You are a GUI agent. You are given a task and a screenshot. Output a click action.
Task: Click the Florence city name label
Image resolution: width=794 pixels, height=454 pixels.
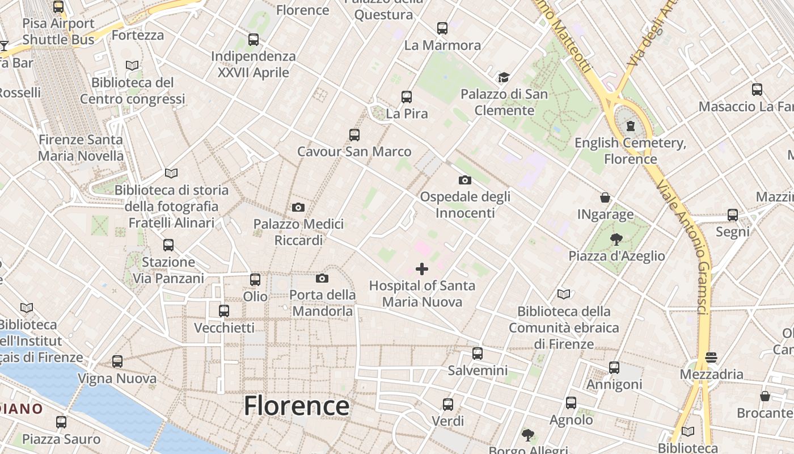pyautogui.click(x=297, y=406)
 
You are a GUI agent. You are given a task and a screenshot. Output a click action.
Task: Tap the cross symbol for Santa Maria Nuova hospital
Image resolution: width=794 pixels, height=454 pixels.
pyautogui.click(x=422, y=269)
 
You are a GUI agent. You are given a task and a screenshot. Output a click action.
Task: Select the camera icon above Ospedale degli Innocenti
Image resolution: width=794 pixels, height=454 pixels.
pyautogui.click(x=464, y=180)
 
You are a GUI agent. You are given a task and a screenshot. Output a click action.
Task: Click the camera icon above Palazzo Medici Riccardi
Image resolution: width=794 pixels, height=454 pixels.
pyautogui.click(x=298, y=208)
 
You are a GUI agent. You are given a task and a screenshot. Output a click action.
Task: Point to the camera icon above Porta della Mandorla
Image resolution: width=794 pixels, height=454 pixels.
pyautogui.click(x=322, y=278)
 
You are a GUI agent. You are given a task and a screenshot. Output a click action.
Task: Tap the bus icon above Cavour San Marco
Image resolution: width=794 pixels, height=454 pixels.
pyautogui.click(x=354, y=135)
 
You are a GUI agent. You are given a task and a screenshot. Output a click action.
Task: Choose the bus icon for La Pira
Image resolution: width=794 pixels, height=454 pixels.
pyautogui.click(x=407, y=97)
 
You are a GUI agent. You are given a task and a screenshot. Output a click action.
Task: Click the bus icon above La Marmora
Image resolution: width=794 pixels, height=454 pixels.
pyautogui.click(x=442, y=28)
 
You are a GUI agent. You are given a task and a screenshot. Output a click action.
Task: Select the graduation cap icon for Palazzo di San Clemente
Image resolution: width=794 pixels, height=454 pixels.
pyautogui.click(x=504, y=77)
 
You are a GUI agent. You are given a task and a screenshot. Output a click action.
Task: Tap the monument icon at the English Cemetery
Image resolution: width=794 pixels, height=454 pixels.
pyautogui.click(x=630, y=126)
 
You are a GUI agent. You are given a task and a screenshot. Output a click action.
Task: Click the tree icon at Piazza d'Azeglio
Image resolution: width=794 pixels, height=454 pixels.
pyautogui.click(x=616, y=239)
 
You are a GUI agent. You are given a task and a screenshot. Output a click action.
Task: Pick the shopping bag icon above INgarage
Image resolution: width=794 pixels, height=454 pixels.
pyautogui.click(x=605, y=197)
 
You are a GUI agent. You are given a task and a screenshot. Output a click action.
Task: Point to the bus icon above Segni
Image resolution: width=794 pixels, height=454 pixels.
pyautogui.click(x=733, y=215)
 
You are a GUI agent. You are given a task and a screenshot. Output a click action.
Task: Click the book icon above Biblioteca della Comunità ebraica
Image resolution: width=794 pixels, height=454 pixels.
pyautogui.click(x=564, y=294)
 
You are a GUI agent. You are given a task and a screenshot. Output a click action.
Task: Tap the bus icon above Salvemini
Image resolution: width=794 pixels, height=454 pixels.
pyautogui.click(x=478, y=354)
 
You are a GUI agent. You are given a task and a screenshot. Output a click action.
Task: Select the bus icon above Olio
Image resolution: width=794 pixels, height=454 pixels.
pyautogui.click(x=255, y=280)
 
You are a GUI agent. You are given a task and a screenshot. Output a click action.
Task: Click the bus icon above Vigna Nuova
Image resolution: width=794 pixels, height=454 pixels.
pyautogui.click(x=117, y=361)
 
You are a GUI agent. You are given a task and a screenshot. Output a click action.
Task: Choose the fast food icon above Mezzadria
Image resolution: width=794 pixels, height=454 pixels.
pyautogui.click(x=711, y=358)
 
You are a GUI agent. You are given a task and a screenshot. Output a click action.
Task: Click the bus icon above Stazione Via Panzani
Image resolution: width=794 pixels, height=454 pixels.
pyautogui.click(x=168, y=245)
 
